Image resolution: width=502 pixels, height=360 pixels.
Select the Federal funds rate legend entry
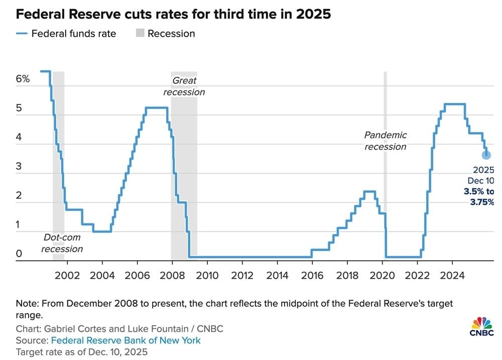pyautogui.click(x=73, y=34)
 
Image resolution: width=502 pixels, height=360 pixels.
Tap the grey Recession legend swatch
pyautogui.click(x=140, y=34)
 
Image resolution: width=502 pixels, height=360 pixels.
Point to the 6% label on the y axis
pyautogui.click(x=23, y=79)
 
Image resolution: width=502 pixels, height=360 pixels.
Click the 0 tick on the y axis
pyautogui.click(x=19, y=254)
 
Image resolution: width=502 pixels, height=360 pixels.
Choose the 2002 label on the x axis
pyautogui.click(x=67, y=275)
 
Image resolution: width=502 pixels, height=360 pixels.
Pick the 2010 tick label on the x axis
pyautogui.click(x=207, y=275)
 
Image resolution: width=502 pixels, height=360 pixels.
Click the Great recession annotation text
pyautogui.click(x=184, y=86)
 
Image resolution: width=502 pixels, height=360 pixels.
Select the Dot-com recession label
pyautogui.click(x=62, y=243)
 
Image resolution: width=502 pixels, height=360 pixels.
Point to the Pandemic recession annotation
pyautogui.click(x=385, y=141)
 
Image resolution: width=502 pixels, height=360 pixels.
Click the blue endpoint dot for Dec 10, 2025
pyautogui.click(x=486, y=155)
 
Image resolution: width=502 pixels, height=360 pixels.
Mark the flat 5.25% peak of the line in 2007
pyautogui.click(x=156, y=107)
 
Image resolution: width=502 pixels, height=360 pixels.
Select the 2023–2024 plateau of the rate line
pyautogui.click(x=454, y=104)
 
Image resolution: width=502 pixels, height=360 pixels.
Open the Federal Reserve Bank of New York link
pyautogui.click(x=126, y=340)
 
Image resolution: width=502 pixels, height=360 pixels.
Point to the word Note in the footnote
pyautogui.click(x=26, y=304)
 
